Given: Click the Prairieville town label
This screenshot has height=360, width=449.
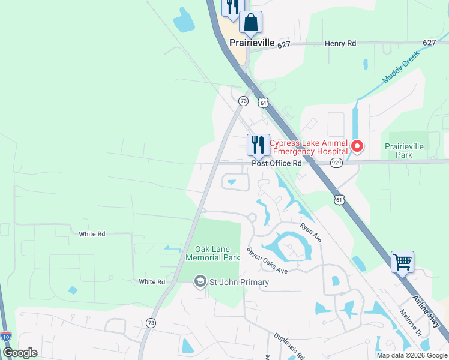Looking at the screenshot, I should (x=252, y=43).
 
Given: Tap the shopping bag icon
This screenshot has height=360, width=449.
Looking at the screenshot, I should (x=250, y=23).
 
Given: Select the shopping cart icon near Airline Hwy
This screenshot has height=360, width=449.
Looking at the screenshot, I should (x=402, y=262).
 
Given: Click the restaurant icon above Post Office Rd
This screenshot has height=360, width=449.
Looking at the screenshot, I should (x=258, y=145).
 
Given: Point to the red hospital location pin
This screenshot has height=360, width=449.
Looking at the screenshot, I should (x=357, y=146).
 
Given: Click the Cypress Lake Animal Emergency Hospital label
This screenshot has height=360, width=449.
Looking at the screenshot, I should (x=308, y=147).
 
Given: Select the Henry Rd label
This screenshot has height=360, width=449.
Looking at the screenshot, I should (x=340, y=43).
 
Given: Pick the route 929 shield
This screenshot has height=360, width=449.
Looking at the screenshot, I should (x=336, y=163).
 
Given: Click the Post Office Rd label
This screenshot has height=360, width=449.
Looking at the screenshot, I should (x=276, y=163).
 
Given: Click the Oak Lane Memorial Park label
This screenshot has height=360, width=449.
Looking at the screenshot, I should (x=212, y=253).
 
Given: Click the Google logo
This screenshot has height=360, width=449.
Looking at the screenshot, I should (x=20, y=353).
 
